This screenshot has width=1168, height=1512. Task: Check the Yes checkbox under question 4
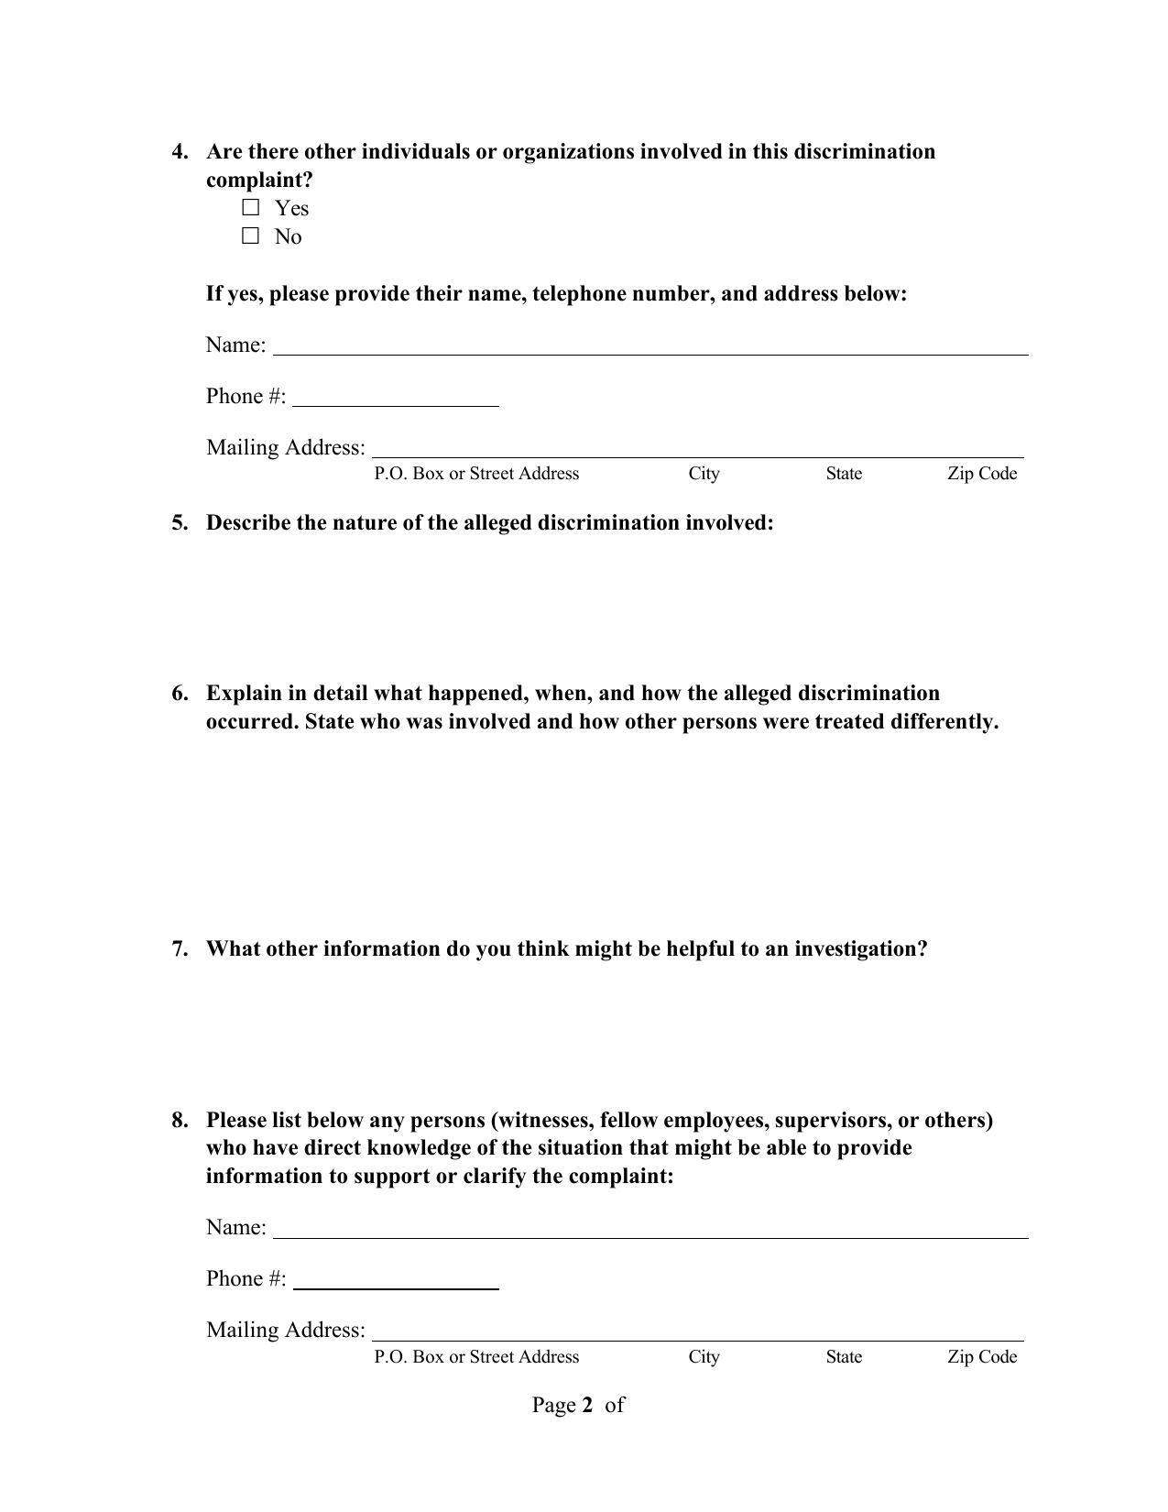(x=251, y=208)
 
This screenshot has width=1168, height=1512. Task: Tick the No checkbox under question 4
(x=251, y=236)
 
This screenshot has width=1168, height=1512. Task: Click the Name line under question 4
(x=650, y=346)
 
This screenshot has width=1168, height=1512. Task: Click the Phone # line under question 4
(x=396, y=398)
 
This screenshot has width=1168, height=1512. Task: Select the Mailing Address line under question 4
(x=697, y=449)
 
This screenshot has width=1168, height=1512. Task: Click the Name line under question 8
(x=650, y=1229)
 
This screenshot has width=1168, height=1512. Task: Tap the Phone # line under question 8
(x=396, y=1280)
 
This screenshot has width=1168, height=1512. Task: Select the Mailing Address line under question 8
(x=697, y=1331)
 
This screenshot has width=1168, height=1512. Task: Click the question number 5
(x=180, y=523)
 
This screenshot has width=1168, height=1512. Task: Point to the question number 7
(x=180, y=949)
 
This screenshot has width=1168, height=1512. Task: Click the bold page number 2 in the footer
(x=587, y=1406)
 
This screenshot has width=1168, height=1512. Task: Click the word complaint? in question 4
(x=259, y=181)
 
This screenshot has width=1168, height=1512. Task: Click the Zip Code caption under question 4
(x=982, y=474)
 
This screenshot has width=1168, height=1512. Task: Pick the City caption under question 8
(x=704, y=1357)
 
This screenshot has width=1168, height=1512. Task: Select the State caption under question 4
(x=844, y=474)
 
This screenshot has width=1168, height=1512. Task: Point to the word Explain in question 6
(x=244, y=694)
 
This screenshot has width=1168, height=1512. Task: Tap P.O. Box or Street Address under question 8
(x=476, y=1357)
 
